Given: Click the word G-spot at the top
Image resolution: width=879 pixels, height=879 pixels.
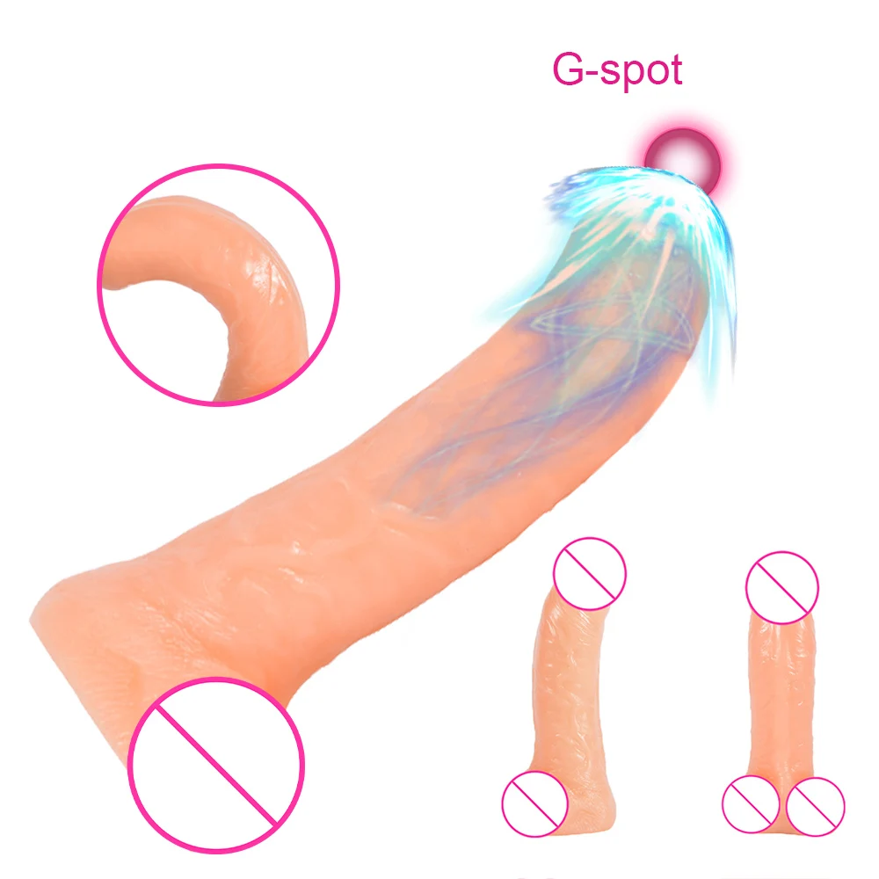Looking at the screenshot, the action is tap(617, 69).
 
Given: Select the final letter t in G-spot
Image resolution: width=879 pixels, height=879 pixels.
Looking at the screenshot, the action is tap(673, 69).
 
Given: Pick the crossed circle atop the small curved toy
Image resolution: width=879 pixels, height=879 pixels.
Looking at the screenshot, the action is tap(590, 576).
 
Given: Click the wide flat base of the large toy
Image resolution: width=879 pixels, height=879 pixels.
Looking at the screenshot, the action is tap(97, 650).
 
